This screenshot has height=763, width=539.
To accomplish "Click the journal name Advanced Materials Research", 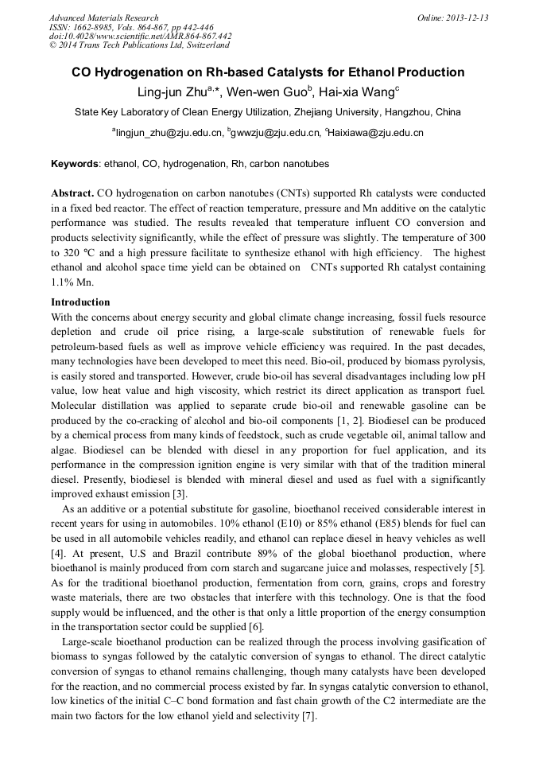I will [x=103, y=18].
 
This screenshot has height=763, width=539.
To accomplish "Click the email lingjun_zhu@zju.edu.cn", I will [x=169, y=133].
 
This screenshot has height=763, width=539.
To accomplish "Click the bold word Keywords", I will [x=75, y=165].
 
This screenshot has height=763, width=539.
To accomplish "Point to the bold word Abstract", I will [x=72, y=193].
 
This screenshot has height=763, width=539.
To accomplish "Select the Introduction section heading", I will [x=80, y=302].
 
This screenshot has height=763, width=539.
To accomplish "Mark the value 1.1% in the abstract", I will [x=64, y=282].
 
